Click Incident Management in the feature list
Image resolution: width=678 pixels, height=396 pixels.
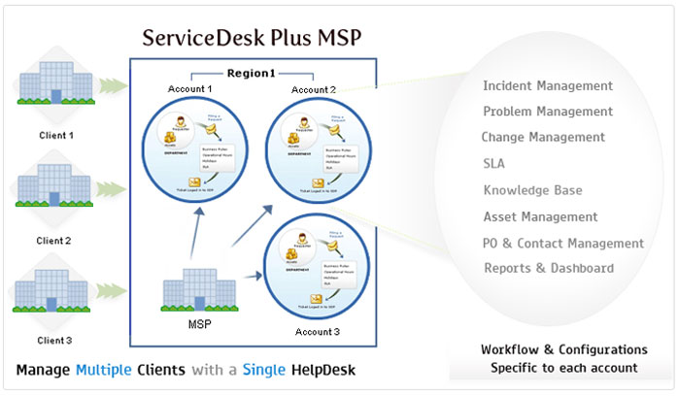pos(548,86)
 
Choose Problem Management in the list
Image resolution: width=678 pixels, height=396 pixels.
pos(548,112)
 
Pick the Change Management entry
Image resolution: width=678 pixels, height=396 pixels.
pos(543,137)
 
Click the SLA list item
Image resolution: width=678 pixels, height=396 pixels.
pos(493,164)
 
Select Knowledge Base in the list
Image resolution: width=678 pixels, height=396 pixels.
pos(533,190)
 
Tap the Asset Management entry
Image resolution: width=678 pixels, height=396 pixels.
pos(540,216)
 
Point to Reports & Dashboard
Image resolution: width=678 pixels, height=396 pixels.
pos(548,268)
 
